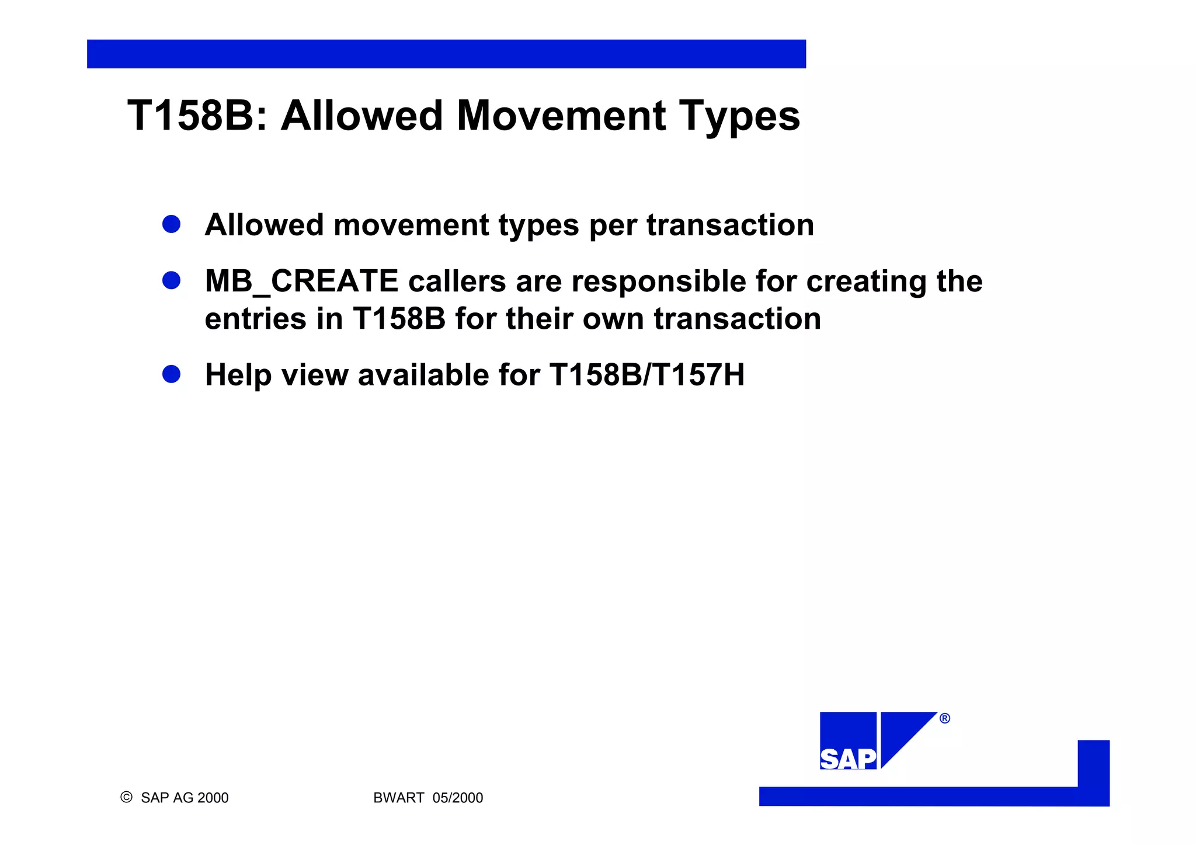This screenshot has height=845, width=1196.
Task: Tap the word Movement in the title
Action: tap(561, 116)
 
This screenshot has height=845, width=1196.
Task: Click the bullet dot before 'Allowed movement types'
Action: tap(171, 224)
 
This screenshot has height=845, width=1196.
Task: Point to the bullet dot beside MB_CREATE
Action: tap(171, 280)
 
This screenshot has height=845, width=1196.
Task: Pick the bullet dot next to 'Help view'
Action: tap(171, 374)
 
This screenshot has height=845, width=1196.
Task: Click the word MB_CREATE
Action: tap(301, 281)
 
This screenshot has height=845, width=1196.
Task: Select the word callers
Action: tap(457, 281)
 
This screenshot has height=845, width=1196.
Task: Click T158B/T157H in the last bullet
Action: tap(647, 375)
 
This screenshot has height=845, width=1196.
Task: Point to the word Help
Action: tap(238, 375)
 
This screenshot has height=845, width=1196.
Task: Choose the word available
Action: tap(423, 375)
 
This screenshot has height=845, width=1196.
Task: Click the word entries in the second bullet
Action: tap(255, 319)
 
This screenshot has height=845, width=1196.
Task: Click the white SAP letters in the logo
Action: tap(848, 759)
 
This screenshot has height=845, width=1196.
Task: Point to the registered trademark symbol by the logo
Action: tap(944, 718)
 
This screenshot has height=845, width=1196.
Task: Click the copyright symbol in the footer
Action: tap(126, 797)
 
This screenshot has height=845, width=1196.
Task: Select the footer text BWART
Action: tap(398, 798)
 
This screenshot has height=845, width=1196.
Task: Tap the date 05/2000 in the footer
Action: tap(458, 798)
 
